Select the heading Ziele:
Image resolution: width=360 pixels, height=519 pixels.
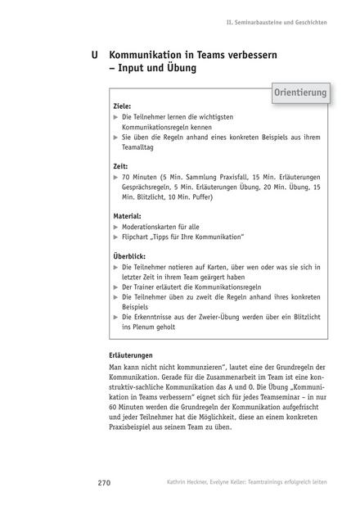[122, 107]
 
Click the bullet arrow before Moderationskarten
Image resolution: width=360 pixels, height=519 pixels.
[115, 227]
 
